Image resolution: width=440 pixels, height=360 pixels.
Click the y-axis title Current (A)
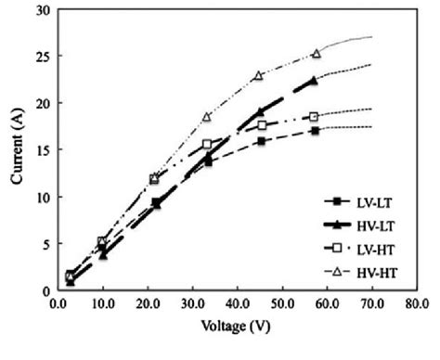[x=18, y=150]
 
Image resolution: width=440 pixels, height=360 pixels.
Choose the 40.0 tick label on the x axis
[x=236, y=303]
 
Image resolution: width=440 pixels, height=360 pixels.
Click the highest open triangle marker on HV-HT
[x=316, y=54]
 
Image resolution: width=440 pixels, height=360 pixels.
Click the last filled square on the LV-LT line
[x=315, y=131]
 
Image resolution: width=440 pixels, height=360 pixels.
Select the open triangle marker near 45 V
[x=260, y=75]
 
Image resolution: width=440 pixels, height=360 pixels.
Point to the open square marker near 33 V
[x=207, y=144]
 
